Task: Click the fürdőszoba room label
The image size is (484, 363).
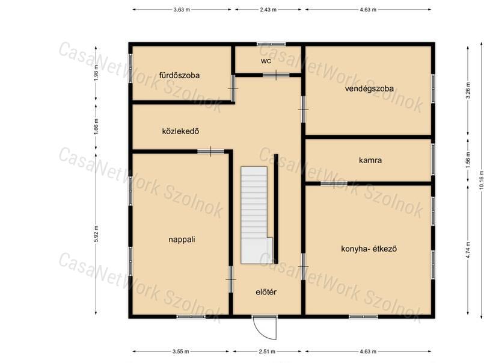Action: click(x=179, y=75)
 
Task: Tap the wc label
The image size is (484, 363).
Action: click(x=266, y=61)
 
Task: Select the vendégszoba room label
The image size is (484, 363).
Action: click(x=369, y=89)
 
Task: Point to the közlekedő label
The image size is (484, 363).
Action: click(x=180, y=131)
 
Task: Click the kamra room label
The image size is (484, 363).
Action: click(x=370, y=160)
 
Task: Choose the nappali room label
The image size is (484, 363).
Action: click(x=182, y=240)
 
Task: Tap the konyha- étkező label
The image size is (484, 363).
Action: click(x=369, y=249)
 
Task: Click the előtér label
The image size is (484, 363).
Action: click(x=266, y=292)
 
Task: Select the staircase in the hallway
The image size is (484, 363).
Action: click(x=257, y=215)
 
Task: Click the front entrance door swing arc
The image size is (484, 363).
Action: click(x=262, y=334)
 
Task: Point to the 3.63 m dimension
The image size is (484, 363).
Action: click(x=182, y=10)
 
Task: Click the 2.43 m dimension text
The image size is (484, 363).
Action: click(x=268, y=10)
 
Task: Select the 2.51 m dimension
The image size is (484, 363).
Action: click(x=267, y=351)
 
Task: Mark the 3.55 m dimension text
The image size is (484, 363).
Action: click(x=181, y=351)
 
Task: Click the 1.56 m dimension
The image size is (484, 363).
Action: click(x=468, y=160)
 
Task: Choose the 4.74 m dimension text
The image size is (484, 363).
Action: click(x=468, y=250)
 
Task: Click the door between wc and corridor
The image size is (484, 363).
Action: click(x=276, y=75)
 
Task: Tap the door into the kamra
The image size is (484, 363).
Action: click(x=334, y=184)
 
